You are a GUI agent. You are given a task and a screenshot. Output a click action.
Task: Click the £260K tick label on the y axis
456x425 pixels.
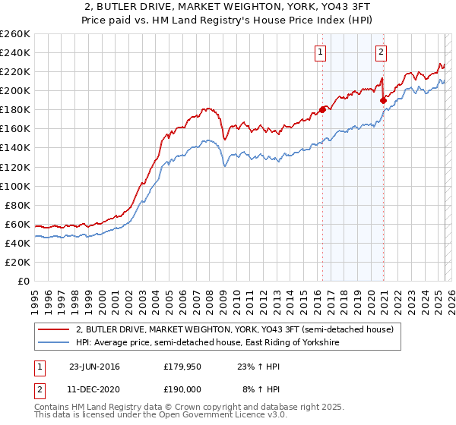click(x=15, y=34)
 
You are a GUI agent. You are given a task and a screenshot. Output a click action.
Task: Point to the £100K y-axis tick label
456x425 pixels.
click(x=15, y=186)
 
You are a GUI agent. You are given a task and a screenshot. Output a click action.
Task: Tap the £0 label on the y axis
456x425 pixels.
click(x=24, y=281)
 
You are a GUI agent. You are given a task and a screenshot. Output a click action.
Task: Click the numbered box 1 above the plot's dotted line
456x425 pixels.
click(x=321, y=52)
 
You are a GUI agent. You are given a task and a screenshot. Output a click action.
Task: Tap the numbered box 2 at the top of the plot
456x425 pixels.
click(x=380, y=52)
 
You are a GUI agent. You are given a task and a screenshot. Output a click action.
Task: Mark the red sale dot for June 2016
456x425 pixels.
click(x=322, y=110)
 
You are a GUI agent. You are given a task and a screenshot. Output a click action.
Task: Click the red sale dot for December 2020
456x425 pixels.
click(x=383, y=99)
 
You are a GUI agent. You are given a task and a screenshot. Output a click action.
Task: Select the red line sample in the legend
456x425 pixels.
click(x=53, y=329)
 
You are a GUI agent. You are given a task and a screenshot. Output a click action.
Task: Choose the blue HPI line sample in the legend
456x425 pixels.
click(x=53, y=343)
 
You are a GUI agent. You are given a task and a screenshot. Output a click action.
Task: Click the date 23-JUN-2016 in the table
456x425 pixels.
click(x=94, y=367)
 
